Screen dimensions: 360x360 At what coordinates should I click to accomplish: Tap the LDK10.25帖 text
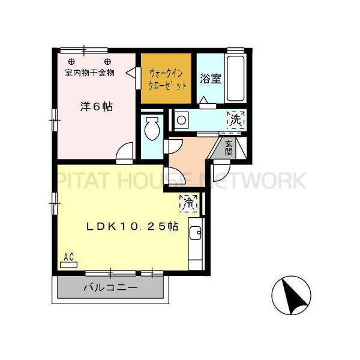[131, 226]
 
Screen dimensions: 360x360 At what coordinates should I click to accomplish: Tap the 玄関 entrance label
[229, 148]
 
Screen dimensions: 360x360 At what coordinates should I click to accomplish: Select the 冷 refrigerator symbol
[189, 203]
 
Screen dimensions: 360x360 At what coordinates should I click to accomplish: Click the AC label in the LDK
[68, 257]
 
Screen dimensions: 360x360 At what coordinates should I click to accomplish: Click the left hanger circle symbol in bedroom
[71, 61]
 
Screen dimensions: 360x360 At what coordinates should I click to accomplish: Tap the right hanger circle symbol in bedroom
[107, 61]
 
